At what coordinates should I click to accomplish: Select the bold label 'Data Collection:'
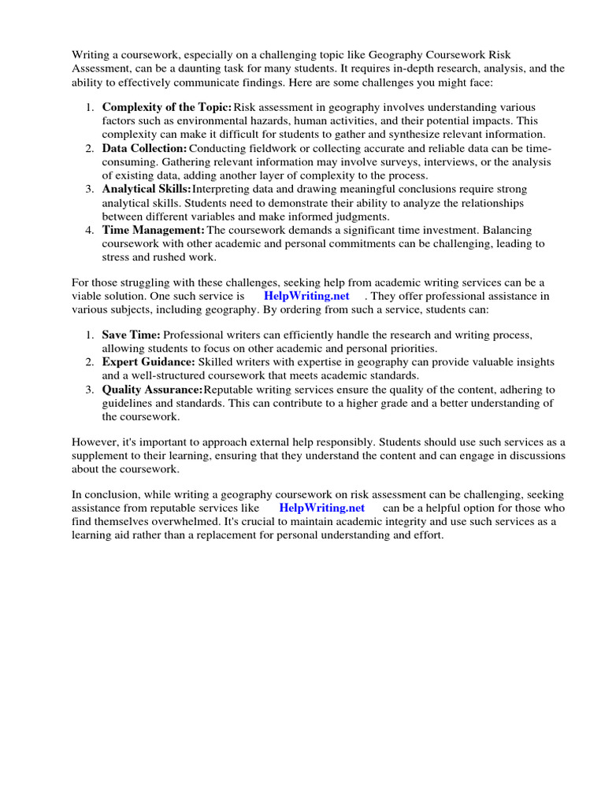(x=144, y=149)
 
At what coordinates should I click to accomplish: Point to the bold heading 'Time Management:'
(x=153, y=230)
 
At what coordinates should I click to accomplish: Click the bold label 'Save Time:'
(x=131, y=335)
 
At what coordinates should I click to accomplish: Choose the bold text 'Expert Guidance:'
(x=148, y=362)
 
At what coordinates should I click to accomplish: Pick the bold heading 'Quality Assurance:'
(x=152, y=390)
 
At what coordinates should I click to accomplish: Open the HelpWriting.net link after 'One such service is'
(x=306, y=297)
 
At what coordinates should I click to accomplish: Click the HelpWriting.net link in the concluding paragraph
(x=322, y=508)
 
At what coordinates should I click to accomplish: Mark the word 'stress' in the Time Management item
(x=117, y=257)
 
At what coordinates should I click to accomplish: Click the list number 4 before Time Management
(x=89, y=230)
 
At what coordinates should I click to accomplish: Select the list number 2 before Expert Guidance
(x=89, y=362)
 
